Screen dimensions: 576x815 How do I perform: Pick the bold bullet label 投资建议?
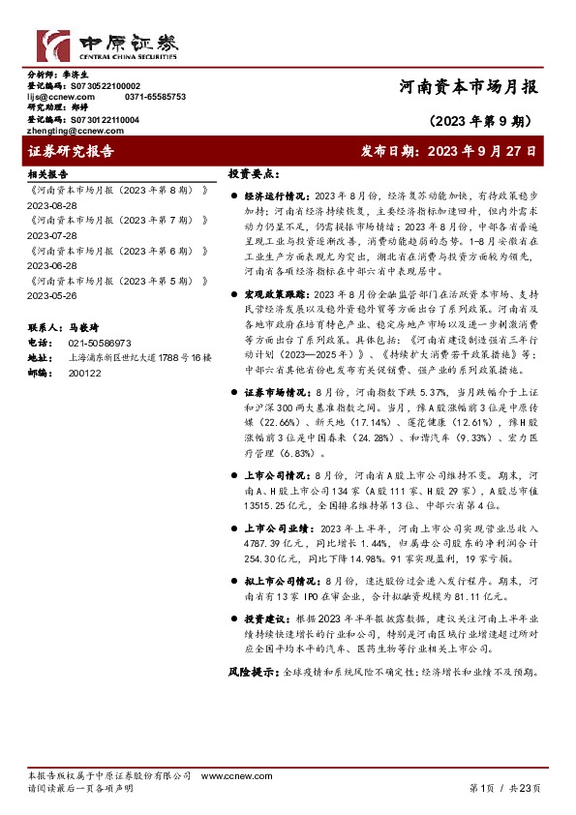click(x=267, y=617)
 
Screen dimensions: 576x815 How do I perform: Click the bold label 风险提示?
click(x=254, y=671)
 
